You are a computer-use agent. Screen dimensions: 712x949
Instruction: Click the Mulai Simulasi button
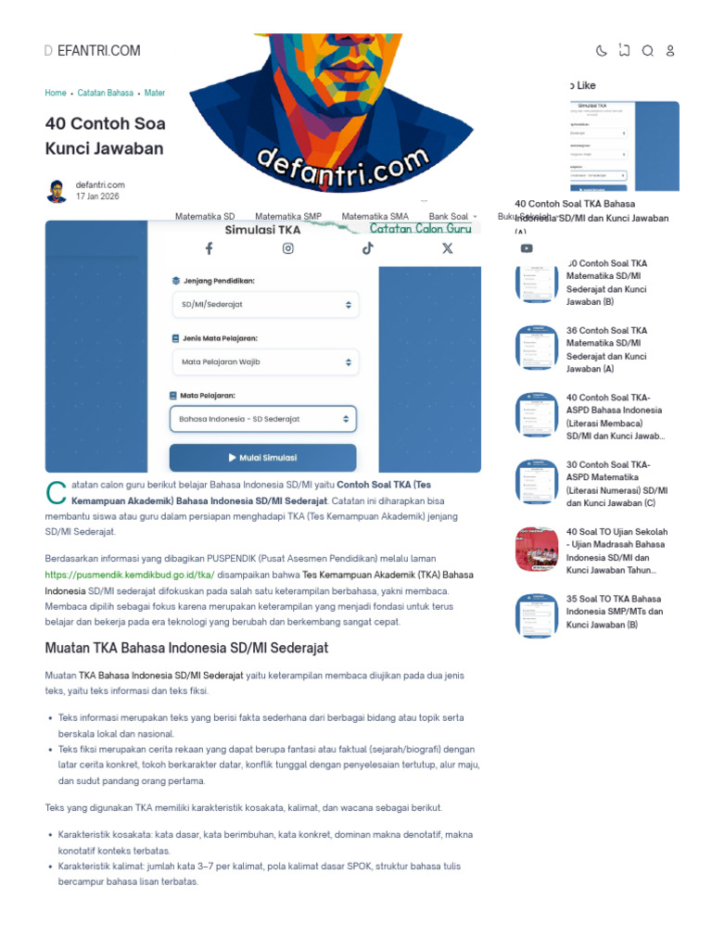[262, 458]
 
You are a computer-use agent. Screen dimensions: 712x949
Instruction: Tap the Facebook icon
[209, 248]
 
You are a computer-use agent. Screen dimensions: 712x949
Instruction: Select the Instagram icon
[288, 248]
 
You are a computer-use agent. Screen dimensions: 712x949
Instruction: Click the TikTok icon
[368, 248]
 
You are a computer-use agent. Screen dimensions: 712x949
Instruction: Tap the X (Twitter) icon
[448, 248]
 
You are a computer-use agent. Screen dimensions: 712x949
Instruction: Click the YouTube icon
[527, 248]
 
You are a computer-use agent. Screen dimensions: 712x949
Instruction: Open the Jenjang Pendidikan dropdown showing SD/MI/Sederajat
[265, 304]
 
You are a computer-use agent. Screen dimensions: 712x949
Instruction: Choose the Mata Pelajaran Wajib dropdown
[265, 361]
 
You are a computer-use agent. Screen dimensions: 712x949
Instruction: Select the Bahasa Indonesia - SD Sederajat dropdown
[262, 419]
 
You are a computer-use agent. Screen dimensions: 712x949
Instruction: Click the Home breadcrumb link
[56, 94]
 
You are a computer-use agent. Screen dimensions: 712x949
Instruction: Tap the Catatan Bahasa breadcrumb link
[105, 94]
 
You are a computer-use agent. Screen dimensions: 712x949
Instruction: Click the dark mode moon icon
[601, 51]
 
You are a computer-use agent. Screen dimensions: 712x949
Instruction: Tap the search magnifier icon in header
[647, 51]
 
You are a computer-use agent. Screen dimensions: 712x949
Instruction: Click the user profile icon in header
[670, 51]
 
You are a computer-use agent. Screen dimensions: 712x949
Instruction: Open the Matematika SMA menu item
[375, 217]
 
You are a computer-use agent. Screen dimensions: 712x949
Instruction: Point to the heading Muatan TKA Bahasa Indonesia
[186, 648]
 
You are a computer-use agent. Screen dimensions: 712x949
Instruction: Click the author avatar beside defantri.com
[57, 191]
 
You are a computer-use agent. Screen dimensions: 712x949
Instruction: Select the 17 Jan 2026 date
[97, 197]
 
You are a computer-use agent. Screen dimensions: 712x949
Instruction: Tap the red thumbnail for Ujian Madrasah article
[537, 550]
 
